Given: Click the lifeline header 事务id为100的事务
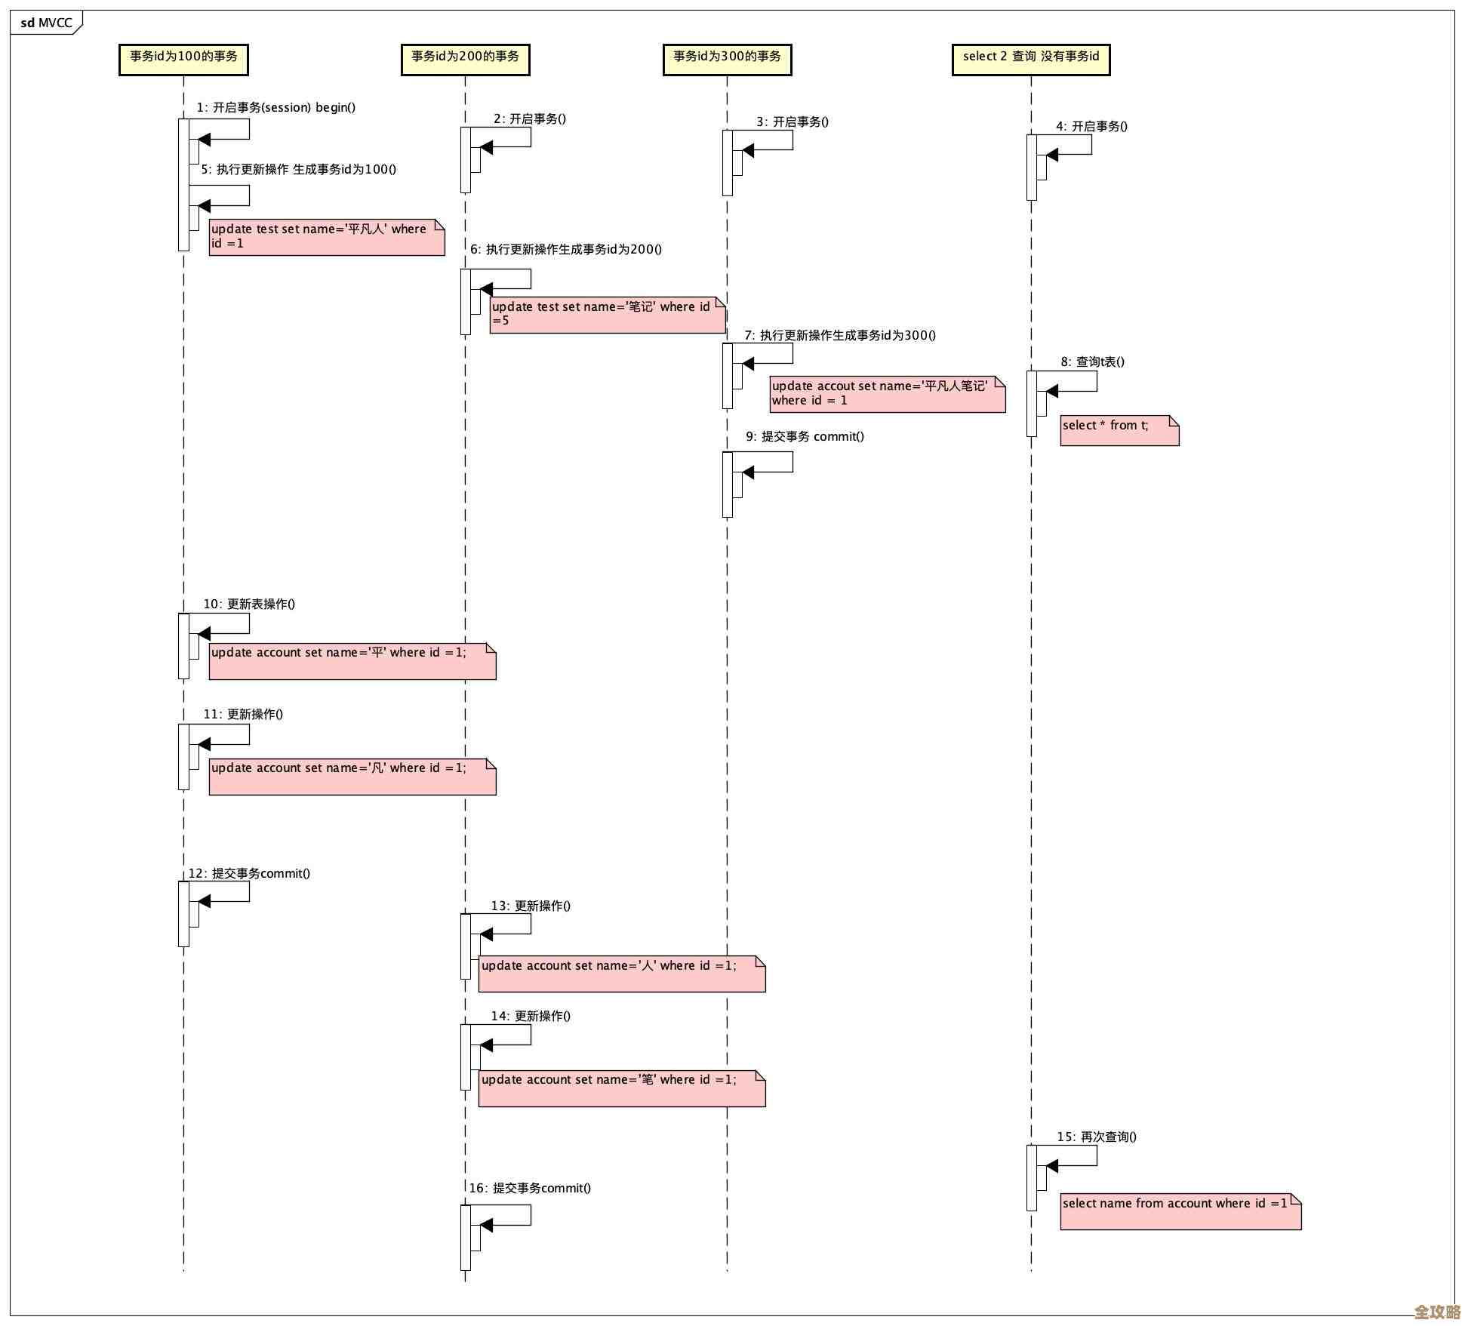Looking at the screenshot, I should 183,59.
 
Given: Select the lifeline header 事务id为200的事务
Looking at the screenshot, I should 465,59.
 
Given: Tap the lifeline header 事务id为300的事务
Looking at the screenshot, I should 727,59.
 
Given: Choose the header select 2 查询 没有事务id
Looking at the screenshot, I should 1031,59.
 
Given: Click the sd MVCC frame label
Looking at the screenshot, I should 46,23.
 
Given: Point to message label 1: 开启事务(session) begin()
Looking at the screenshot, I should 275,108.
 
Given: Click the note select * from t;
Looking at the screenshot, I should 1119,430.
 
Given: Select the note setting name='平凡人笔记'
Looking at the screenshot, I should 887,394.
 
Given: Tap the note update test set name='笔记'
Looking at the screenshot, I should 607,315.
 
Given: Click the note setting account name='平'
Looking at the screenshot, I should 352,660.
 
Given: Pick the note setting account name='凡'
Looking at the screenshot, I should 352,776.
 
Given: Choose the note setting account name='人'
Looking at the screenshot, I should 621,974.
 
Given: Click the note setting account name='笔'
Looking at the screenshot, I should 621,1088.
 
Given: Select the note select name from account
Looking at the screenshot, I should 1180,1211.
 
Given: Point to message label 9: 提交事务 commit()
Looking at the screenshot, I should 805,437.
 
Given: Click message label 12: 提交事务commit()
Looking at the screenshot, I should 249,874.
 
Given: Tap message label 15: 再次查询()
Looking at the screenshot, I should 1096,1137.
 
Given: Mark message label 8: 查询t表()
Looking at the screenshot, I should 1092,362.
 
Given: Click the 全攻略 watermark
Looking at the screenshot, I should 1436,1312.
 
